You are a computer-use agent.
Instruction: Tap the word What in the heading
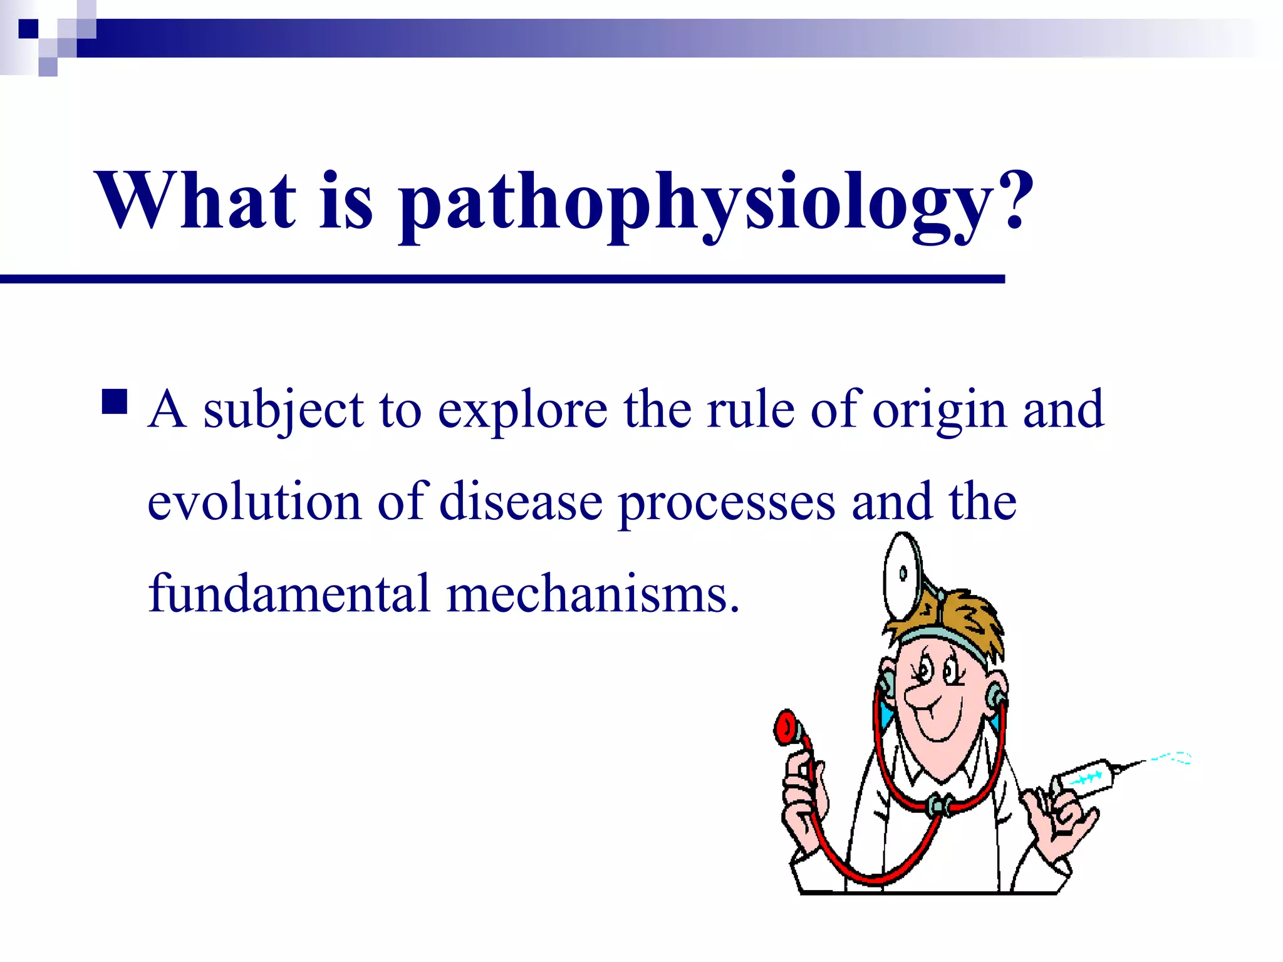pyautogui.click(x=195, y=200)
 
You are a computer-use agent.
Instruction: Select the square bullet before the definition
pyautogui.click(x=114, y=403)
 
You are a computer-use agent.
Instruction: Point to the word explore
pyautogui.click(x=522, y=410)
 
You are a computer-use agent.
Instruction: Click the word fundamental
pyautogui.click(x=288, y=593)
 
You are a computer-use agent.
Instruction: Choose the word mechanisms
pyautogui.click(x=592, y=593)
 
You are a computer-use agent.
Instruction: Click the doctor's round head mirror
pyautogui.click(x=902, y=574)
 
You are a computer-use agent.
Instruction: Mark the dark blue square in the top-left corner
pyautogui.click(x=28, y=28)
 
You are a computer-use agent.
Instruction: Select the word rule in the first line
pyautogui.click(x=751, y=410)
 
